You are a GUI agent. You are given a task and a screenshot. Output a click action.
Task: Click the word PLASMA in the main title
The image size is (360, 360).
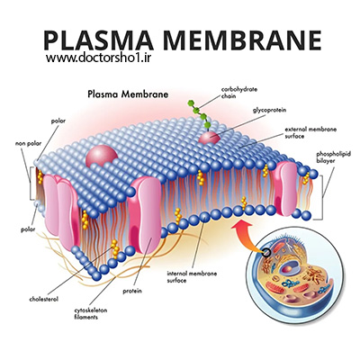pos(99,40)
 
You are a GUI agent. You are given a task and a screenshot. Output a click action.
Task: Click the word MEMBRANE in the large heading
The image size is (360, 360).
pos(242,40)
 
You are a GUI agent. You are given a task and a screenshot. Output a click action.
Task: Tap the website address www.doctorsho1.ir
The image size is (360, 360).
pos(98,58)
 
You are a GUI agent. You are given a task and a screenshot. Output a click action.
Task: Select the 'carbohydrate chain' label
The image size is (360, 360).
pos(239,93)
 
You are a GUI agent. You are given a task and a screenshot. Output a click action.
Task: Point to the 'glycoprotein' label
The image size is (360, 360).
pos(269,111)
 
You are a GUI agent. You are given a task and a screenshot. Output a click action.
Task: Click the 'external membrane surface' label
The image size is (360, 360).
pos(310,133)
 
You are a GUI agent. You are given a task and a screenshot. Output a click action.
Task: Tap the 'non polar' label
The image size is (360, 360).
pos(28,144)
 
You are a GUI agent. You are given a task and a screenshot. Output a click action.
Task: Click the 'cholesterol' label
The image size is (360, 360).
pos(44,299)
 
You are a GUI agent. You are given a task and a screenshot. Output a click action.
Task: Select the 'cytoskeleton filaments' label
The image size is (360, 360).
pos(91,313)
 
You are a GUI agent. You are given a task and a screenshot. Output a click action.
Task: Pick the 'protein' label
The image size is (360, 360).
pos(132,291)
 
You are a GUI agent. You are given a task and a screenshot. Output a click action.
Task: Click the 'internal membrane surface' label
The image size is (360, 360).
pos(192,277)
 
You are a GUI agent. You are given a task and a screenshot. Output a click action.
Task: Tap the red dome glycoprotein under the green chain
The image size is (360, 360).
pos(209,138)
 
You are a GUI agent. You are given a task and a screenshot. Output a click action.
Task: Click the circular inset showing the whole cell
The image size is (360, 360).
pos(294,274)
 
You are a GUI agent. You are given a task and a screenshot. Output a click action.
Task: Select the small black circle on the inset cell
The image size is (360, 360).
pos(265,253)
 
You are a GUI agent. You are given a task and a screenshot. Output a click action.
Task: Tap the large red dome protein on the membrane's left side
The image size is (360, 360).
pos(102,156)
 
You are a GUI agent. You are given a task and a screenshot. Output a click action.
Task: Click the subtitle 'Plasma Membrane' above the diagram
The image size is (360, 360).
pos(128,94)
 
